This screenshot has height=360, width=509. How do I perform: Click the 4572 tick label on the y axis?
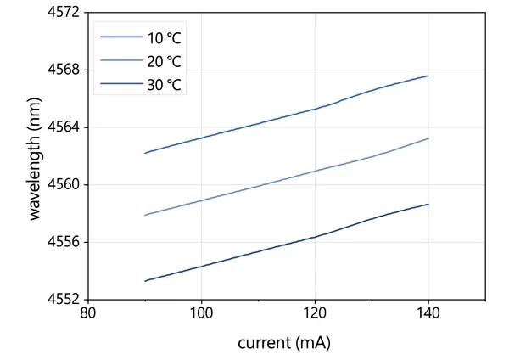(x=63, y=12)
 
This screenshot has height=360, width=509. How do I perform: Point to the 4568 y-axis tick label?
(x=63, y=70)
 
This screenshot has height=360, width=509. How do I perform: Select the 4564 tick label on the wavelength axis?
(x=63, y=127)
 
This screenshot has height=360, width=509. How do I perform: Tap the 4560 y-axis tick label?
(x=63, y=184)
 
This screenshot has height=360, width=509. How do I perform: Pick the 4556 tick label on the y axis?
(x=63, y=242)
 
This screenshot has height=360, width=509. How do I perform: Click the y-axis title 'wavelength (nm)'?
(x=35, y=157)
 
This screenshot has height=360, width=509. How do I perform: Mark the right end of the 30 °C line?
(x=428, y=76)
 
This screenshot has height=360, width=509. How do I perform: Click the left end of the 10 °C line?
(x=145, y=281)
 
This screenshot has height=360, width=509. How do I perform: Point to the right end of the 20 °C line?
(x=428, y=138)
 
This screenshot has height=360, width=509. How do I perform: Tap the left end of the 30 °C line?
(x=145, y=153)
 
